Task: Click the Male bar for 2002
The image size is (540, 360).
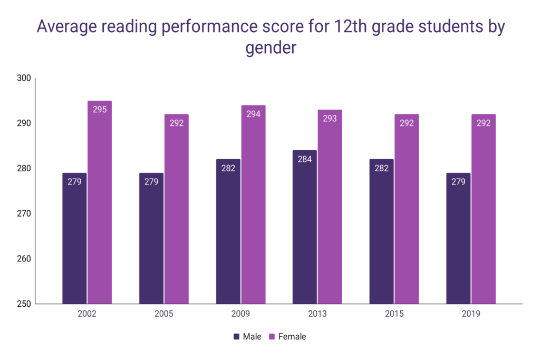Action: click(x=74, y=238)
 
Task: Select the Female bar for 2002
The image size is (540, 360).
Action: click(x=100, y=202)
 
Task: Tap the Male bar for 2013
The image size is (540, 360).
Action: click(x=305, y=227)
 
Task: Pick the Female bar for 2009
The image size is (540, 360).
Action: click(x=254, y=205)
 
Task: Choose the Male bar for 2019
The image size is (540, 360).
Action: click(x=458, y=238)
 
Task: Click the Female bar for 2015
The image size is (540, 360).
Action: click(x=407, y=209)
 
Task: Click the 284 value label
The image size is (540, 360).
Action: click(x=305, y=159)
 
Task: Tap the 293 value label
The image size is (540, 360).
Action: click(x=330, y=119)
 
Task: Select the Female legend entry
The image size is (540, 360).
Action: click(x=287, y=336)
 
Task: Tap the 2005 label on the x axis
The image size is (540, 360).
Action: click(x=163, y=314)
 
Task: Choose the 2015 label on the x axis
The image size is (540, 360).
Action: click(x=394, y=314)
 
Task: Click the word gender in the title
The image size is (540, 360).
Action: click(x=271, y=48)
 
